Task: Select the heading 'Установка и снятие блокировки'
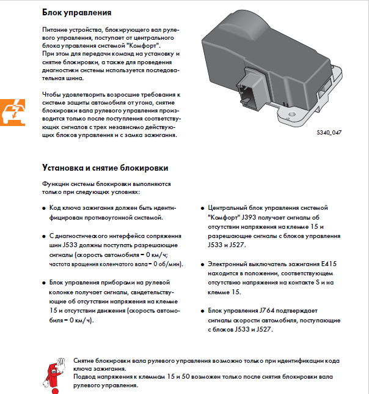click(104, 168)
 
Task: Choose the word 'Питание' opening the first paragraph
click(56, 30)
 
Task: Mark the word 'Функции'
click(56, 184)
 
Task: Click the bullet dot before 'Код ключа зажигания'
click(43, 208)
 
